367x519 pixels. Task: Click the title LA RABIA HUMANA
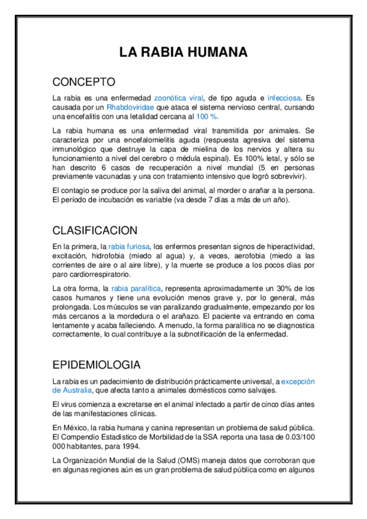pos(183,53)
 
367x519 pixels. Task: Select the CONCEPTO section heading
pos(83,81)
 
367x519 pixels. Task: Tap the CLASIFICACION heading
pos(94,231)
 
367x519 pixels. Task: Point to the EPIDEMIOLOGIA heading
pos(96,365)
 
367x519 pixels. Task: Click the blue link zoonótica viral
pos(178,98)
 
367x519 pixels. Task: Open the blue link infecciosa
pos(284,98)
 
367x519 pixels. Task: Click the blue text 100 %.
pos(208,116)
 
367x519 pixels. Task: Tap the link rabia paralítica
pos(136,288)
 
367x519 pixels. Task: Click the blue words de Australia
pos(72,390)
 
